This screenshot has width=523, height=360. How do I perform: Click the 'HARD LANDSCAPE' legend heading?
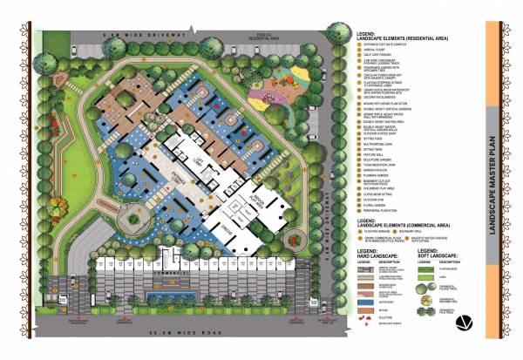pos(377,256)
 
